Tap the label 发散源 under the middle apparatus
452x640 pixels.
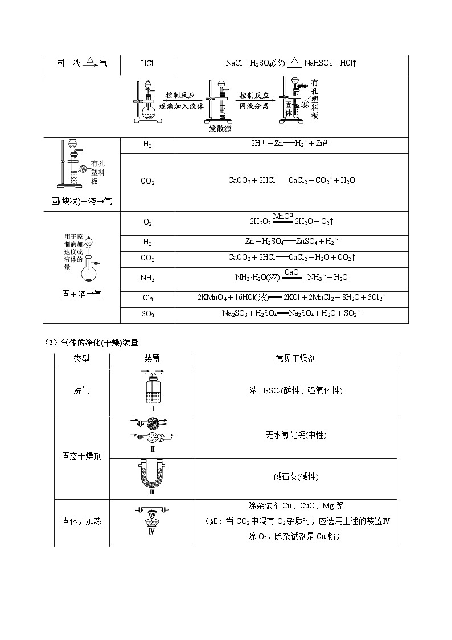click(220, 128)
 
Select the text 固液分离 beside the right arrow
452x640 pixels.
click(254, 106)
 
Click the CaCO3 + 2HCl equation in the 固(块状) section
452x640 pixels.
click(291, 181)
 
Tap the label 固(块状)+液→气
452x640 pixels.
click(81, 201)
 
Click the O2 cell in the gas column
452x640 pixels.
click(147, 223)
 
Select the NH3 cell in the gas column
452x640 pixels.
click(147, 278)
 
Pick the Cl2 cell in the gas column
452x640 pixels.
click(147, 298)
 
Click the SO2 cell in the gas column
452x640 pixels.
click(147, 314)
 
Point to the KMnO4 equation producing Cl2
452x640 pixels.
click(291, 297)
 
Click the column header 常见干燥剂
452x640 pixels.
click(295, 360)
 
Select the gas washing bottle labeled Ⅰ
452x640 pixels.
click(152, 389)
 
